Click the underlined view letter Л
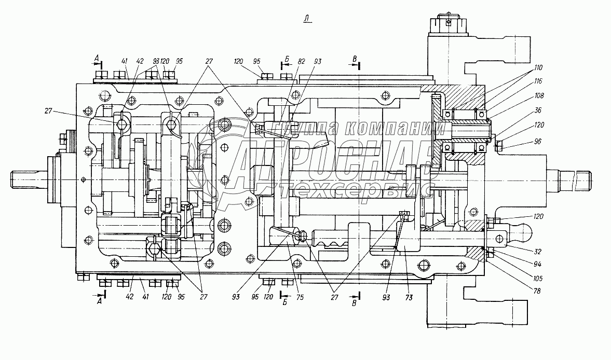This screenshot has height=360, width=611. click(x=307, y=19)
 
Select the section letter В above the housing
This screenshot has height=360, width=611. click(x=355, y=59)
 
